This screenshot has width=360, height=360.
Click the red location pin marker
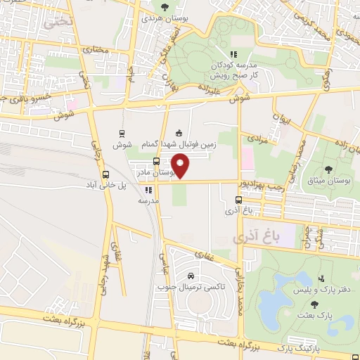[x=181, y=166]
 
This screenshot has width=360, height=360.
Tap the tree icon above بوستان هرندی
[x=165, y=7]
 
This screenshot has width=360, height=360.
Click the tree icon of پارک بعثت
[x=314, y=304]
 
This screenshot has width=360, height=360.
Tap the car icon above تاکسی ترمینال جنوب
[x=191, y=275]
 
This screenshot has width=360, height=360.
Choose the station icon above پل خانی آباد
[x=105, y=174]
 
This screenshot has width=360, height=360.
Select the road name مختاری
[x=95, y=50]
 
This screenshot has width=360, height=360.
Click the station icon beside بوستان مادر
[x=156, y=161]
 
